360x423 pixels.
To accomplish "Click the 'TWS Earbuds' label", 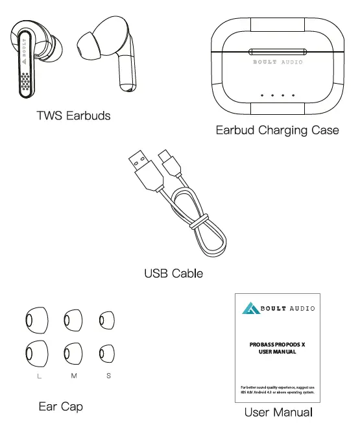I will (x=73, y=116).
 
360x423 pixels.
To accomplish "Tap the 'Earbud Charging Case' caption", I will (x=277, y=130).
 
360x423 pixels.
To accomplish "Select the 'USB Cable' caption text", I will (x=173, y=273).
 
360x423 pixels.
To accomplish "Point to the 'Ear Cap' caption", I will (x=60, y=407).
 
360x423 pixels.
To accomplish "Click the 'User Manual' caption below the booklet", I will (x=278, y=412).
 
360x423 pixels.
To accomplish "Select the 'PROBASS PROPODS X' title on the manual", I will (x=277, y=344).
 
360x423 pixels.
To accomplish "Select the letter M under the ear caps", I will (x=73, y=377).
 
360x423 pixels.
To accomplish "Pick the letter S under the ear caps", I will (x=108, y=377).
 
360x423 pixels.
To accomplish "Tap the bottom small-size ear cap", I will (x=106, y=354).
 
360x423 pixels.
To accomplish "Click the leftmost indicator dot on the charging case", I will (x=261, y=95).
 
